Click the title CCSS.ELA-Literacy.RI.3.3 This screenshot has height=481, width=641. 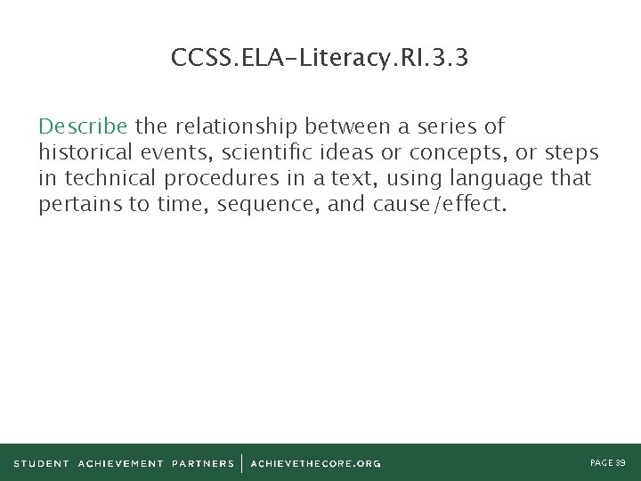tap(320, 59)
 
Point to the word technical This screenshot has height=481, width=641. tap(106, 178)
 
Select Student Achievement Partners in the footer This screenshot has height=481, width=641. tap(124, 463)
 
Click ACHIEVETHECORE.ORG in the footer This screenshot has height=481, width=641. tap(315, 463)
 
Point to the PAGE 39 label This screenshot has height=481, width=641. tap(608, 462)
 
